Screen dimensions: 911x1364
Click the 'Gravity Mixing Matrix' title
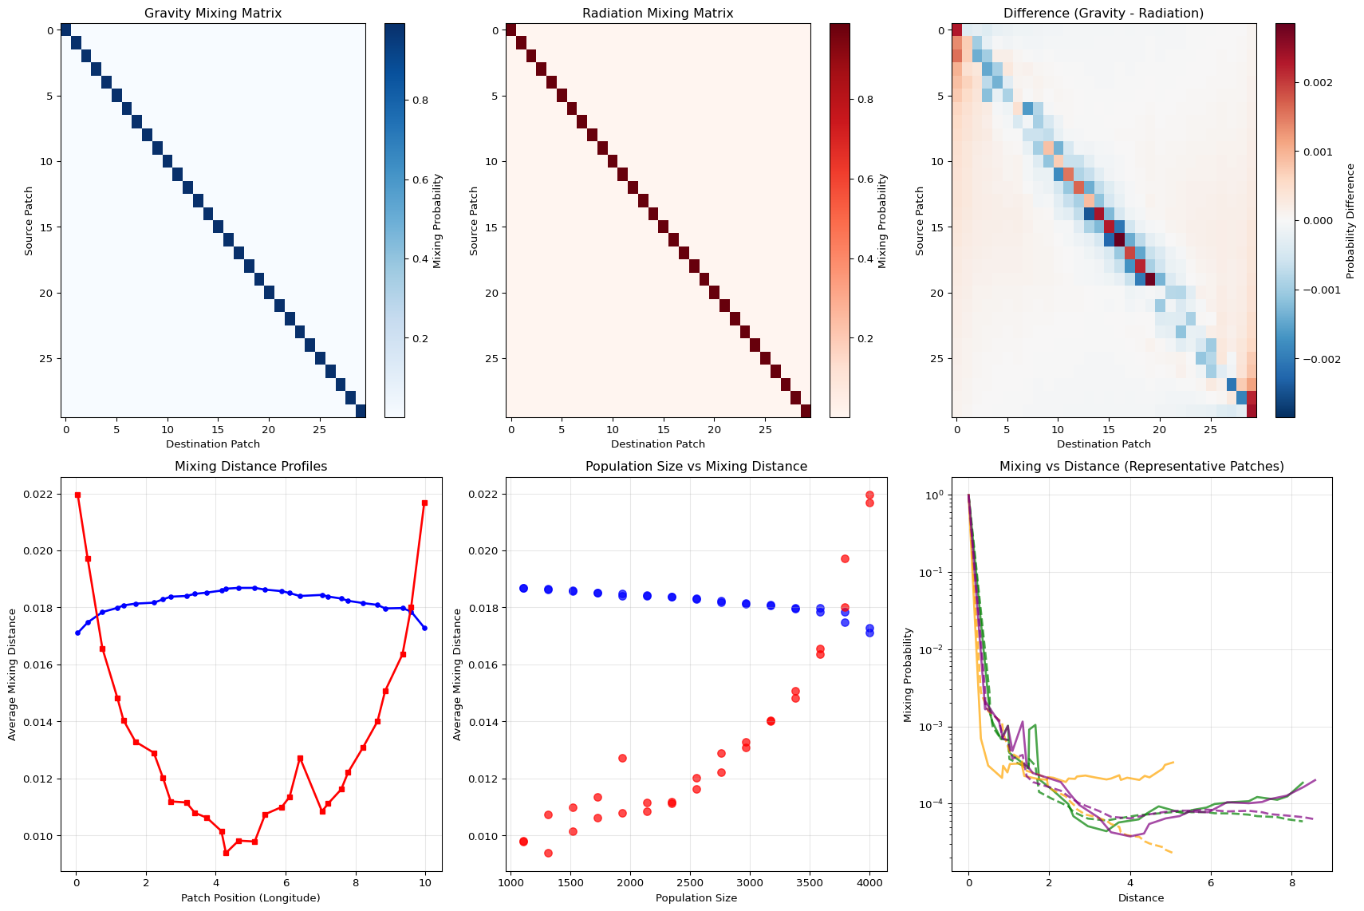point(212,14)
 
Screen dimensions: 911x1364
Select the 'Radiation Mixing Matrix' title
point(657,14)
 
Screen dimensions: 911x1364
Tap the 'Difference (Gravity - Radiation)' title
point(1103,14)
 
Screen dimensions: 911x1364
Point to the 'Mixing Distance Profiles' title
point(250,467)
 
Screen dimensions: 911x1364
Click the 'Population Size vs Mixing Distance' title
point(696,467)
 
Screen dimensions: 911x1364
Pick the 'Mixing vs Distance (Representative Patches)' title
point(1141,467)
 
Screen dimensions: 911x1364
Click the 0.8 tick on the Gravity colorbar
point(420,100)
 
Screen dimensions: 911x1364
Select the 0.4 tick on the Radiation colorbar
point(865,259)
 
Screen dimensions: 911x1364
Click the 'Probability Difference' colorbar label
point(1350,221)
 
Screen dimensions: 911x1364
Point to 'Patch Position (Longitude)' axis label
point(250,898)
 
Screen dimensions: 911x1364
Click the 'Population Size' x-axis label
point(696,898)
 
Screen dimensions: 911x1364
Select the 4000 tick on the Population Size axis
point(869,883)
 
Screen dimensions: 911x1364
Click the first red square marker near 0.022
point(77,495)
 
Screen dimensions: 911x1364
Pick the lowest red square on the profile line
point(226,853)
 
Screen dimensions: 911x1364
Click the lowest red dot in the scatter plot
point(548,853)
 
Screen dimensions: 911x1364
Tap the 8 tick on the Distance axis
point(1291,883)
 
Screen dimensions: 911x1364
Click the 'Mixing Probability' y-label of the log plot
point(909,675)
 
